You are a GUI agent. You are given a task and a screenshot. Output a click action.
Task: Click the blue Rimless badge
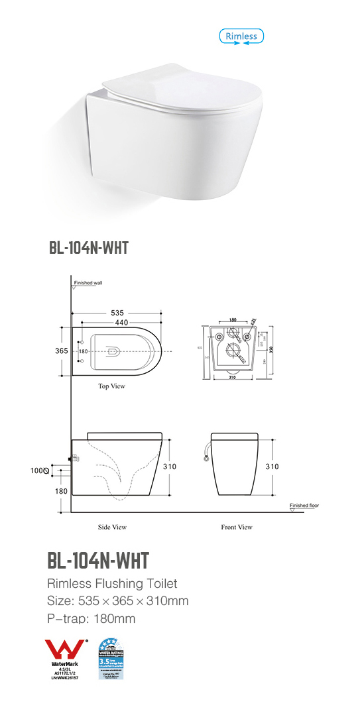pyautogui.click(x=241, y=36)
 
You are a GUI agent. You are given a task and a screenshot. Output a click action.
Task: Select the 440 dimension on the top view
pyautogui.click(x=120, y=323)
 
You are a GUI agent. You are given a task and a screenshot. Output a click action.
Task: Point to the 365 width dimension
pyautogui.click(x=62, y=351)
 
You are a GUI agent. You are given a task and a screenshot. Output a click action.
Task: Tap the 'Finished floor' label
pyautogui.click(x=304, y=506)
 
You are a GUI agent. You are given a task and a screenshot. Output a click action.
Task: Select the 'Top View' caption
pyautogui.click(x=111, y=386)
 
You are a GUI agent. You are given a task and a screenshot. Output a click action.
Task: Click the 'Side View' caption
pyautogui.click(x=111, y=527)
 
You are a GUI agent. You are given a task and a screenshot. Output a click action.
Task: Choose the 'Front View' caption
pyautogui.click(x=236, y=527)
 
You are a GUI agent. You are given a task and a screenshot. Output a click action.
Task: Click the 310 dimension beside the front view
pyautogui.click(x=272, y=466)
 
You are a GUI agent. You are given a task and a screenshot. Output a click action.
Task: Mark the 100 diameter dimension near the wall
pyautogui.click(x=38, y=471)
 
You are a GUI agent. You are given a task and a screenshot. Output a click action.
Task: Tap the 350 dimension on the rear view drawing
pyautogui.click(x=270, y=349)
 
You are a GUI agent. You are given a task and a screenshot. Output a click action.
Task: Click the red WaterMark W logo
pyautogui.click(x=64, y=649)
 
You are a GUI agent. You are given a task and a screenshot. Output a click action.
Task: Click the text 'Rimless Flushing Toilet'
pyautogui.click(x=112, y=584)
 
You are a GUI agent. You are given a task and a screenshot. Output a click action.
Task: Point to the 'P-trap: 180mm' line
pyautogui.click(x=91, y=619)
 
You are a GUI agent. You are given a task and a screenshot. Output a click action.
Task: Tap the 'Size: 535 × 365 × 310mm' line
pyautogui.click(x=117, y=601)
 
